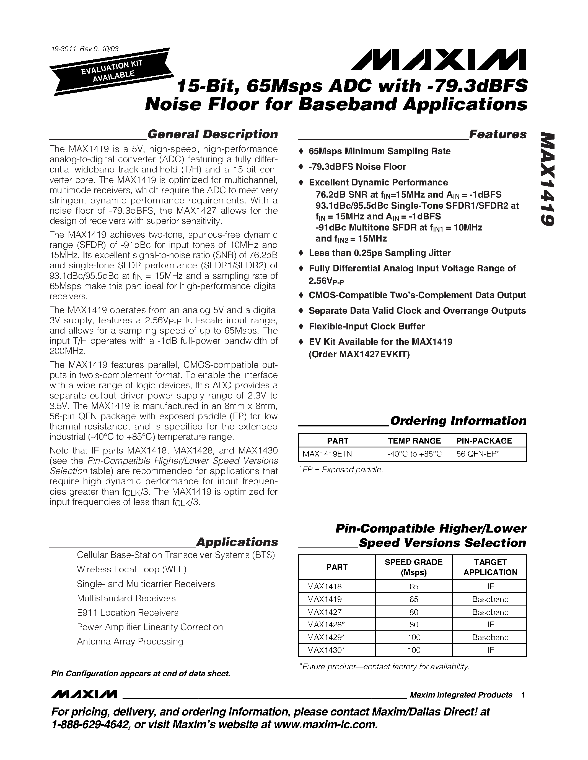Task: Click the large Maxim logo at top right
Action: (x=438, y=59)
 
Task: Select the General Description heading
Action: (x=212, y=134)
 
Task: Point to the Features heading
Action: (x=498, y=134)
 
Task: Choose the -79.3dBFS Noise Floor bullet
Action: (x=357, y=167)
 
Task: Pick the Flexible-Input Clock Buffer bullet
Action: (x=366, y=326)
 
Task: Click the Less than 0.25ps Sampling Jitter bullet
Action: (x=379, y=253)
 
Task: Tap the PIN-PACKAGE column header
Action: (x=484, y=441)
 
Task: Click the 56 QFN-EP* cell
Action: (x=478, y=454)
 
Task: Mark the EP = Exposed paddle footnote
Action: (x=342, y=470)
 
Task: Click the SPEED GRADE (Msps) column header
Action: (x=413, y=567)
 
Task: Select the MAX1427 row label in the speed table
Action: (x=319, y=612)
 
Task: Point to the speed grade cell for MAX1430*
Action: (x=413, y=650)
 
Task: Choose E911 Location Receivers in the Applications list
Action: (x=128, y=612)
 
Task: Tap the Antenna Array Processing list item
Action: (x=130, y=641)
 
